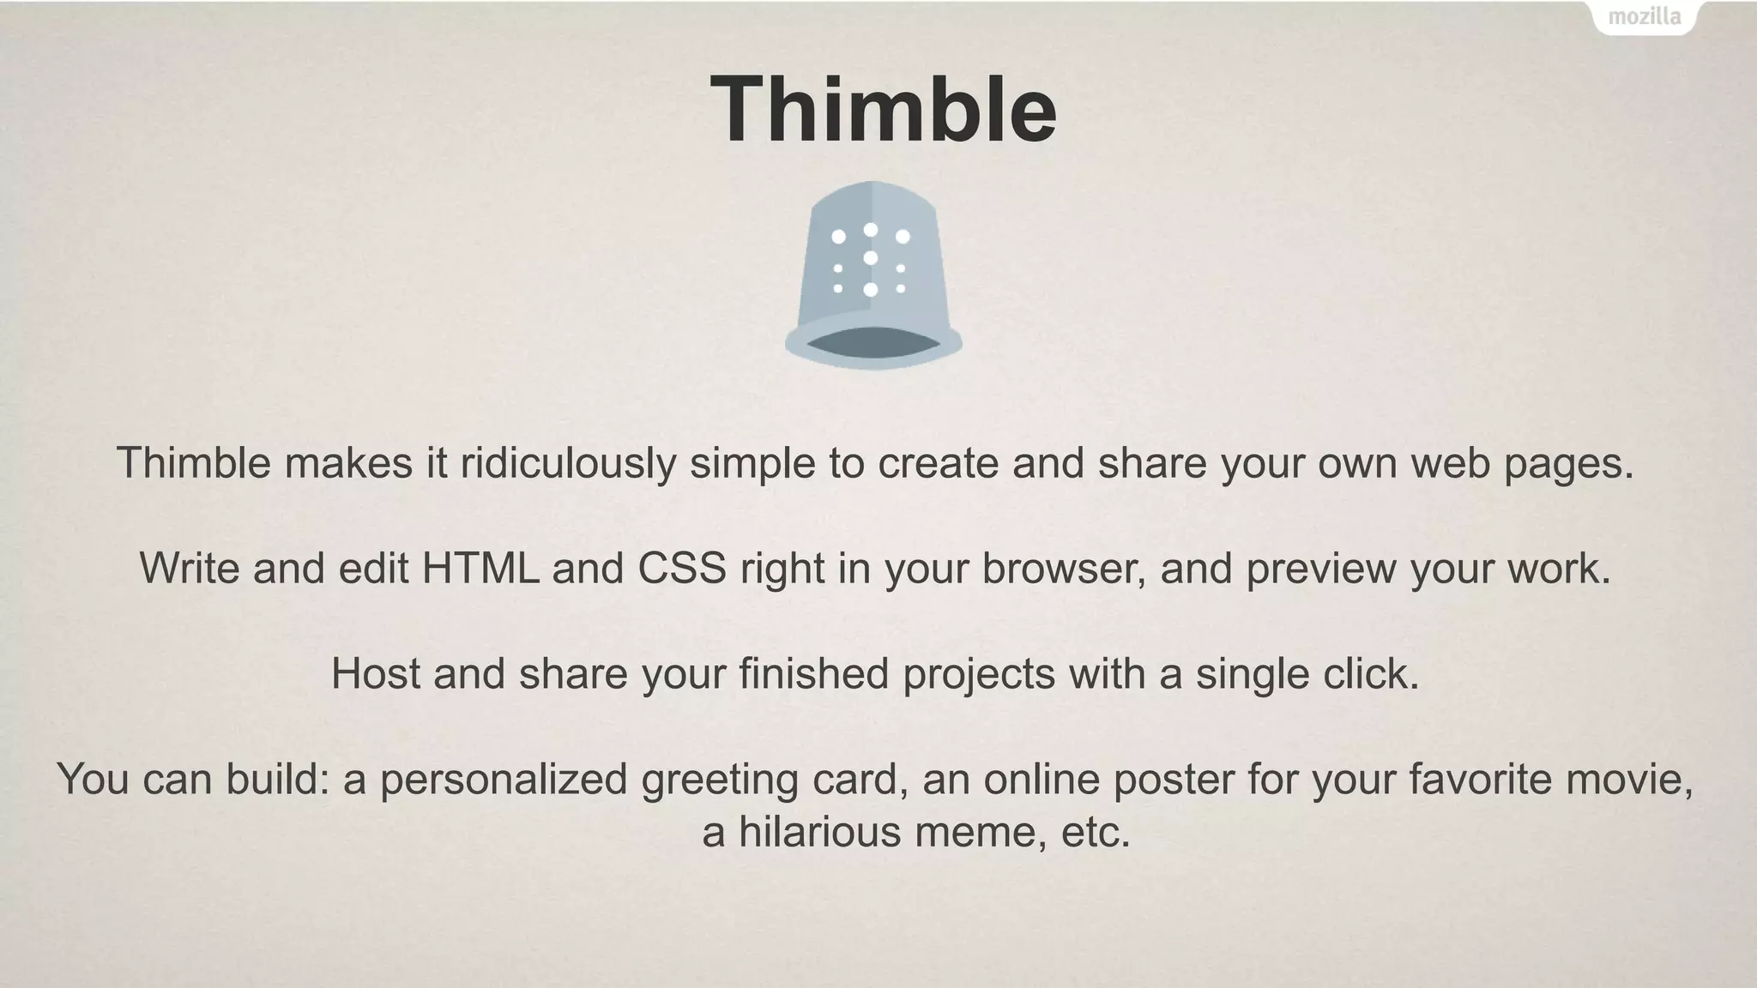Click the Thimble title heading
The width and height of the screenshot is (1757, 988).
tap(883, 110)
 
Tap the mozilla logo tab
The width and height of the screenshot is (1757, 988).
tap(1644, 17)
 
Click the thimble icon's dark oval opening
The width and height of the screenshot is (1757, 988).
tap(872, 342)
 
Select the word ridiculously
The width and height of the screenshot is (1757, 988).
tap(568, 464)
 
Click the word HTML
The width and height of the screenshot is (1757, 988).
tap(480, 569)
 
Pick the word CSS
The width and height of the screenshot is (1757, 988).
tap(681, 569)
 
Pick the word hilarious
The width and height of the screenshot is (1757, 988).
tap(819, 832)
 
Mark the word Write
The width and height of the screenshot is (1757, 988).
tap(190, 569)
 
